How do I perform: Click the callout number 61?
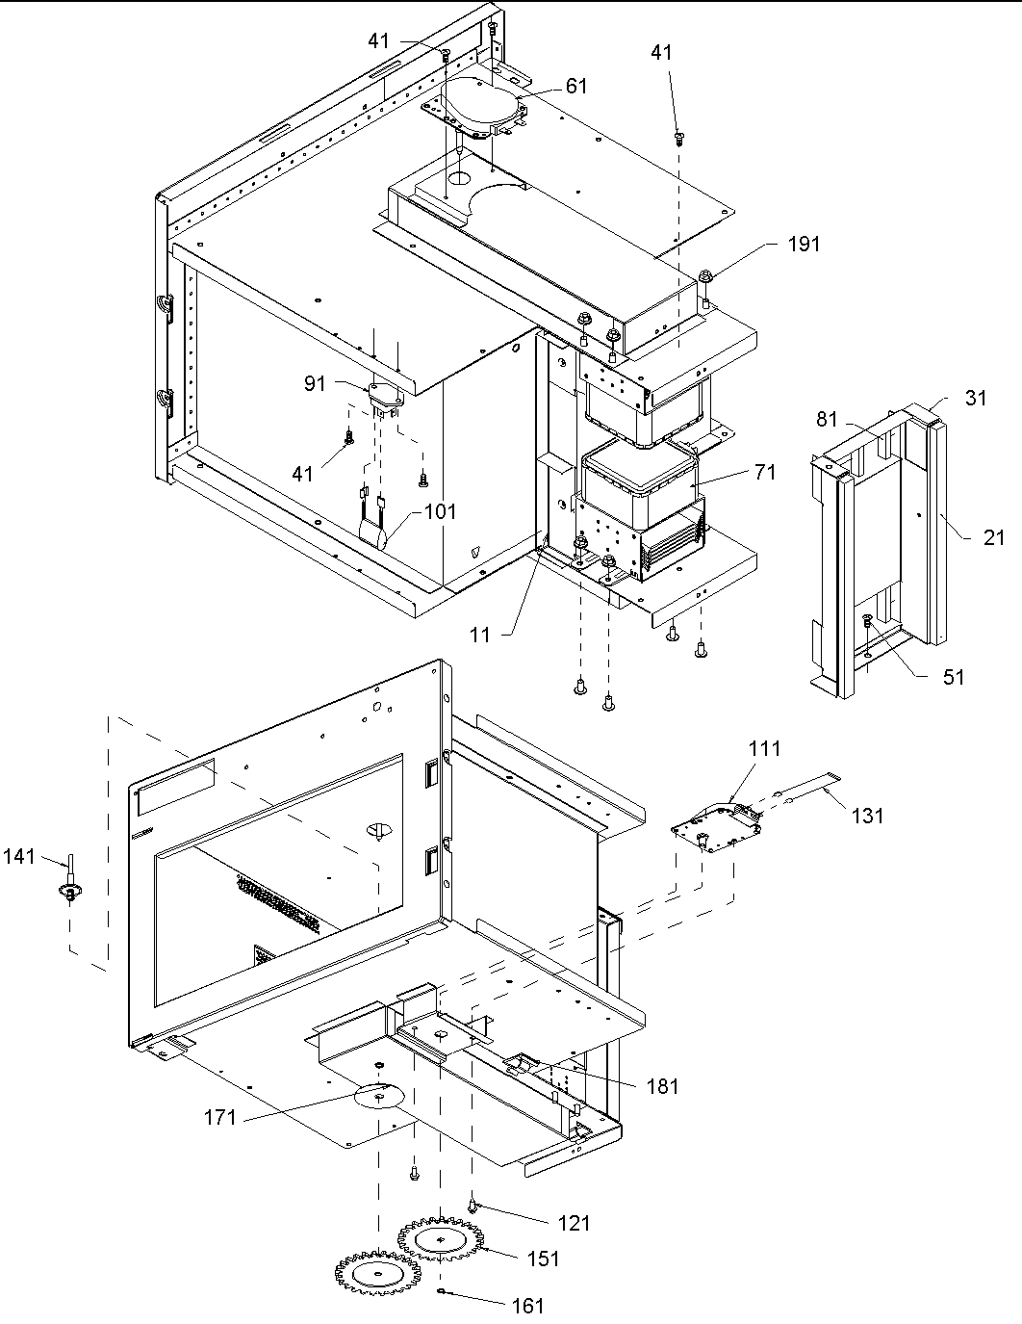tap(576, 87)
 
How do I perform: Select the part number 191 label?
tap(805, 244)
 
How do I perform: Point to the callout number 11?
tap(480, 635)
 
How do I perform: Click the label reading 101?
tap(441, 511)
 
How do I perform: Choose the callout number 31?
tap(976, 398)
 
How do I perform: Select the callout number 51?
tap(953, 677)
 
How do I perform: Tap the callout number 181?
tap(662, 1086)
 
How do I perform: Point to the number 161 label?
tap(527, 1306)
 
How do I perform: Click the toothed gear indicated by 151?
tap(440, 1241)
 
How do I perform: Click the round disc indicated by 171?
tap(381, 1096)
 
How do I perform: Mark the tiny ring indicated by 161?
tap(440, 1291)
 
